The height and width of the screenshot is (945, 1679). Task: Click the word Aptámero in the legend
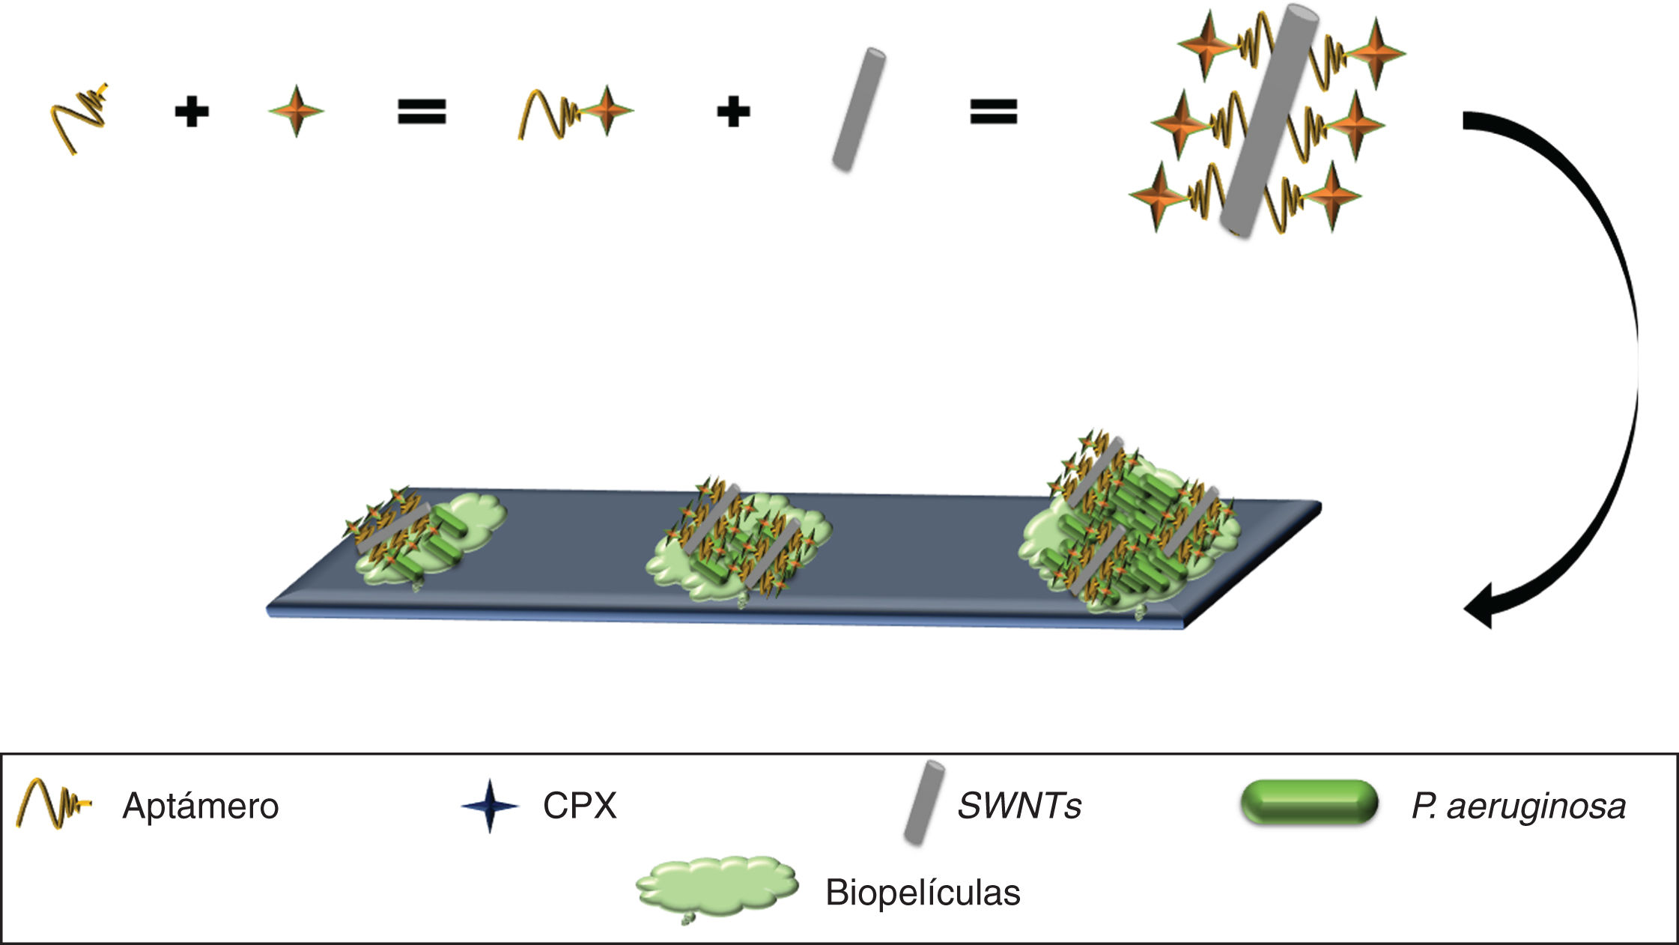pos(200,806)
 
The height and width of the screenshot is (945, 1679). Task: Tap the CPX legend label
pos(580,806)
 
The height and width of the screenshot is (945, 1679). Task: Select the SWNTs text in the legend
pos(1019,806)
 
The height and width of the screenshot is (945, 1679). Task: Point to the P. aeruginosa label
pos(1518,806)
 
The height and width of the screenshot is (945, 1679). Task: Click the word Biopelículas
pos(923,893)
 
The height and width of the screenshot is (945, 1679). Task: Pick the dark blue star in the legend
pos(490,806)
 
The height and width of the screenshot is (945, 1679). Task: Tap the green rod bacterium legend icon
pos(1308,803)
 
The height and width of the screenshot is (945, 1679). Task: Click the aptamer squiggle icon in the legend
pos(52,803)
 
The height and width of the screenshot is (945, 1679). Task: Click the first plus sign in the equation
pos(191,113)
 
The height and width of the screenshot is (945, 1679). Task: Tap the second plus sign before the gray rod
pos(732,113)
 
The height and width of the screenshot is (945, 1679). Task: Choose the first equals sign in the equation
pos(421,112)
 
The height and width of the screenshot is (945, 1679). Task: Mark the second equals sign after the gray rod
pos(993,112)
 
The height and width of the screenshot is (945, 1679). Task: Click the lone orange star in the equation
pos(296,111)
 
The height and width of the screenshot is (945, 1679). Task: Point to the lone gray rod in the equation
pos(859,109)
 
